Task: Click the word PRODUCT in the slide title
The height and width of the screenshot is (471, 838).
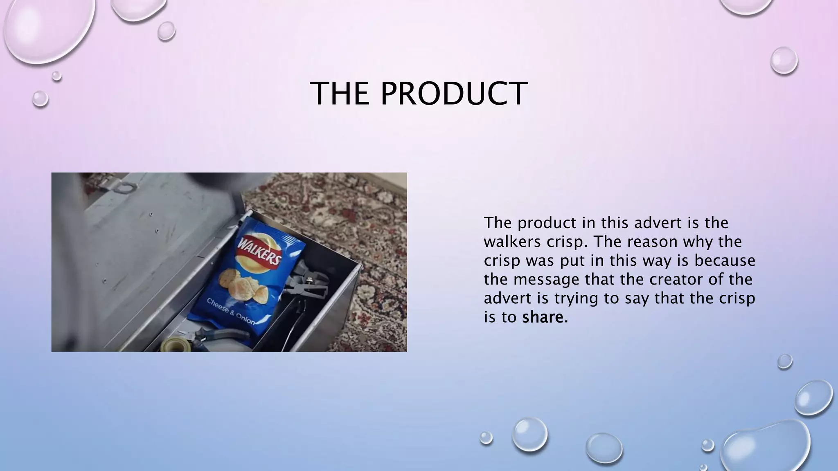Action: point(454,94)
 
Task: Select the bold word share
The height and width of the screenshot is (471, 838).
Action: point(543,317)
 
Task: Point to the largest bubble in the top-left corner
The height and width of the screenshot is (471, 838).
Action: point(47,29)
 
